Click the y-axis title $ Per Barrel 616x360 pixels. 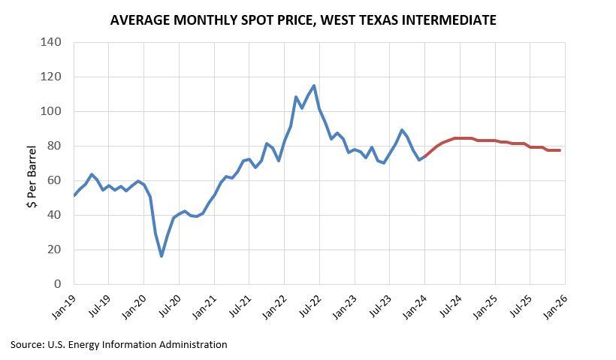(x=32, y=177)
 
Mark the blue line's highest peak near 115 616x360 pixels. (x=313, y=86)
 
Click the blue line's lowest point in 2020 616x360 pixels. (x=162, y=256)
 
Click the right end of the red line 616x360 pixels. (x=560, y=150)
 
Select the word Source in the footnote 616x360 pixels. (x=26, y=344)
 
